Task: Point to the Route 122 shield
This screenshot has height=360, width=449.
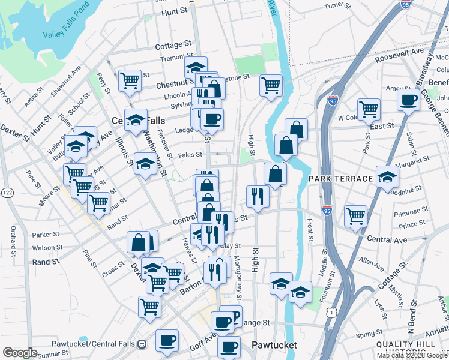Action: click(7, 192)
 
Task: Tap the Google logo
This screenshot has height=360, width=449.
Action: click(20, 353)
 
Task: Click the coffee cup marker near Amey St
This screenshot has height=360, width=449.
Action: click(408, 100)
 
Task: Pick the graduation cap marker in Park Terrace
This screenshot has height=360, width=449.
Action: click(387, 176)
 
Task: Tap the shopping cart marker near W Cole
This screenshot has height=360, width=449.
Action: click(369, 109)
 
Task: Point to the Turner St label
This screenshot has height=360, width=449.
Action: click(337, 6)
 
